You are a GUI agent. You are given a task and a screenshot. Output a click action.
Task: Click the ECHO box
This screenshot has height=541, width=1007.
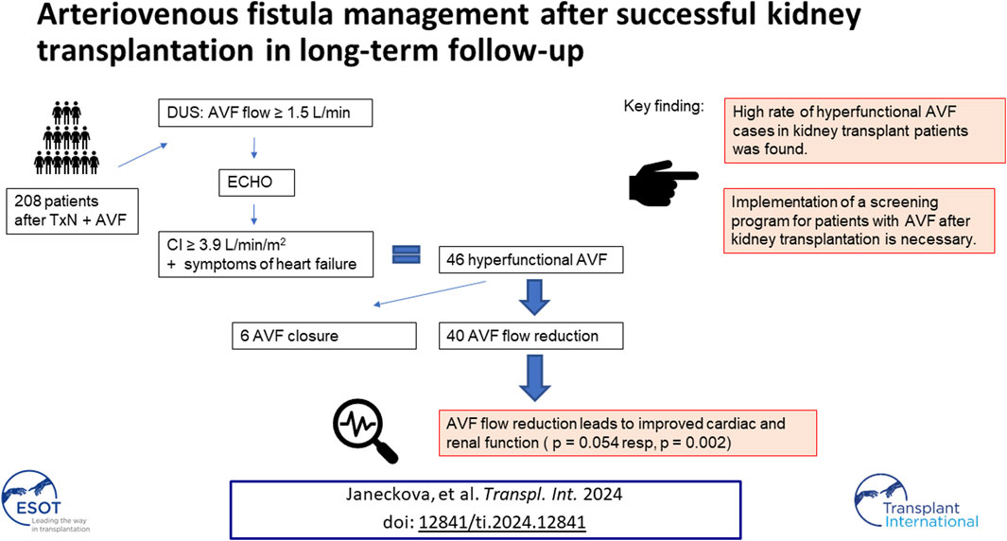pyautogui.click(x=257, y=183)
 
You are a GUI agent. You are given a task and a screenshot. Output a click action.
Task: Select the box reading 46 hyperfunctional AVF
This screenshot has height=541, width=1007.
pyautogui.click(x=531, y=260)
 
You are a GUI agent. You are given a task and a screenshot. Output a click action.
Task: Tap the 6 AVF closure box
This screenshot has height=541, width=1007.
pyautogui.click(x=324, y=336)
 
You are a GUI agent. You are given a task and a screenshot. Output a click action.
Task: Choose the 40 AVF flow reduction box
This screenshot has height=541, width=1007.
pyautogui.click(x=531, y=336)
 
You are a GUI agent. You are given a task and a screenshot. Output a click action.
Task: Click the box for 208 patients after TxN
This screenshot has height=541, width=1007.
pyautogui.click(x=73, y=211)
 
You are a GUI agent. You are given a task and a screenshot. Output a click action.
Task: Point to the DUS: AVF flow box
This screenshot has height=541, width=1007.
pyautogui.click(x=266, y=113)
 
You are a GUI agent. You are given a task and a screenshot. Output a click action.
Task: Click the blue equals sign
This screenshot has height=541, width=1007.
pyautogui.click(x=407, y=254)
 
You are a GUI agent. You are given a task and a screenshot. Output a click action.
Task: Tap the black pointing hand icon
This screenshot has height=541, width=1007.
pyautogui.click(x=663, y=183)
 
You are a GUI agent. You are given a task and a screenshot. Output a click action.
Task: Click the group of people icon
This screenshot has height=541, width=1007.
pyautogui.click(x=67, y=137)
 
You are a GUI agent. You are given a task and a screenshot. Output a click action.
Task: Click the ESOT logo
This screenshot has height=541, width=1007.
pyautogui.click(x=42, y=502)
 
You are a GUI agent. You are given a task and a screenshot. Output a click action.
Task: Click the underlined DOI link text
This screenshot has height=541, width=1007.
pyautogui.click(x=501, y=522)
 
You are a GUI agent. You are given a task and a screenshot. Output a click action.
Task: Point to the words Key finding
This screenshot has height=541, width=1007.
pyautogui.click(x=664, y=106)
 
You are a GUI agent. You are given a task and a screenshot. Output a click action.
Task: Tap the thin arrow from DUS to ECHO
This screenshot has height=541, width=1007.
pyautogui.click(x=254, y=148)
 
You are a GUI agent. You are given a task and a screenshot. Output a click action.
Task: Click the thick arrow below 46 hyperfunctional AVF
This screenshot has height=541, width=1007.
pyautogui.click(x=534, y=297)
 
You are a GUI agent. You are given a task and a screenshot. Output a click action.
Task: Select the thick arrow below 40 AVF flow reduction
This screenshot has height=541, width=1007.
pyautogui.click(x=534, y=377)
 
